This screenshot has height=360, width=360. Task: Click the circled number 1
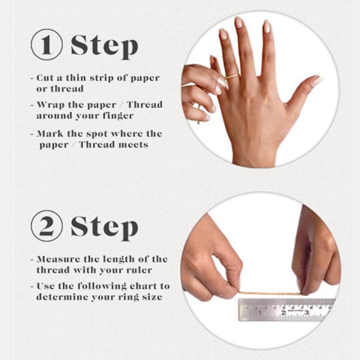pyautogui.click(x=46, y=44)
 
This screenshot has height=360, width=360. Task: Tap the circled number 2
pyautogui.click(x=46, y=226)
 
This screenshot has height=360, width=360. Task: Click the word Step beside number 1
pyautogui.click(x=104, y=47)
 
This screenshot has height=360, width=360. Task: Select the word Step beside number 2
pyautogui.click(x=104, y=228)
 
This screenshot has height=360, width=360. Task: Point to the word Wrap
pyautogui.click(x=50, y=105)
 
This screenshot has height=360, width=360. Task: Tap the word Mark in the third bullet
pyautogui.click(x=50, y=133)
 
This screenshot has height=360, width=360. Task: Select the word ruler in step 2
pyautogui.click(x=139, y=270)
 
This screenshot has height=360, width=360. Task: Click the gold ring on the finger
pyautogui.click(x=232, y=76)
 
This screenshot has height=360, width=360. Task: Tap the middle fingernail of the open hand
pyautogui.click(x=239, y=22)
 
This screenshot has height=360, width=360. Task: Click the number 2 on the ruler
pyautogui.click(x=283, y=312)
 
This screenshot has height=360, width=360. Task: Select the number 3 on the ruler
pyautogui.click(x=306, y=312)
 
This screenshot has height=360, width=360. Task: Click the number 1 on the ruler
pyautogui.click(x=260, y=312)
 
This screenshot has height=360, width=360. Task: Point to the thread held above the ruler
pyautogui.click(x=270, y=293)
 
